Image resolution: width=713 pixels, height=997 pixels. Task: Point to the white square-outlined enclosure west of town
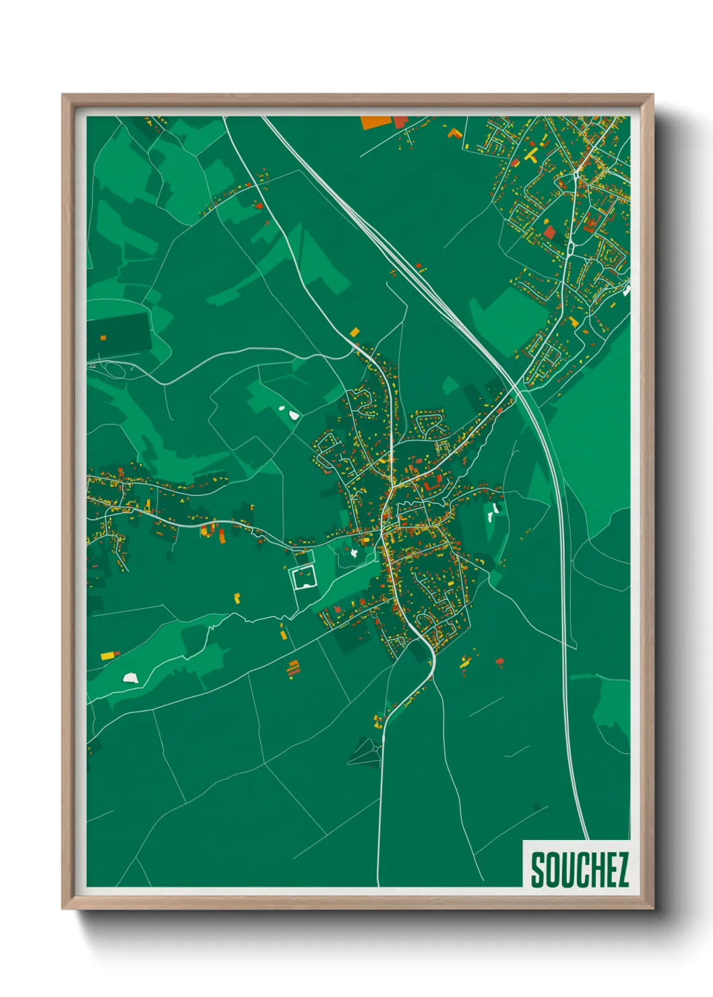coord(303,577)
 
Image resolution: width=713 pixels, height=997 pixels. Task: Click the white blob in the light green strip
coord(130,677)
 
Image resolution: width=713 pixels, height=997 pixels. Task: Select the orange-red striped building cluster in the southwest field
coord(292,668)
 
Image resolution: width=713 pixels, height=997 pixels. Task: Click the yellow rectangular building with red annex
coord(109,654)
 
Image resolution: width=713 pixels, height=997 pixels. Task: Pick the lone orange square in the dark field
coord(103,337)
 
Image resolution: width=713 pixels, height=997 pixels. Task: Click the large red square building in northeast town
coord(549,232)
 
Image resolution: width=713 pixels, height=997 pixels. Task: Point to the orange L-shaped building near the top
coord(456,133)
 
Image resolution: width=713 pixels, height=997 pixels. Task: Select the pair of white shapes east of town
coord(493,512)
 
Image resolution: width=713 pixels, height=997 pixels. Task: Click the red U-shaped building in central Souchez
coord(427,484)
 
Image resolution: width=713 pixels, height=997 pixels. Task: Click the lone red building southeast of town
coord(499,662)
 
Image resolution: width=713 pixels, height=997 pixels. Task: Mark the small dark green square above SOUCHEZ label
coord(537,806)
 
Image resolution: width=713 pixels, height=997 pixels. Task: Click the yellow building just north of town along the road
coord(354,331)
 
